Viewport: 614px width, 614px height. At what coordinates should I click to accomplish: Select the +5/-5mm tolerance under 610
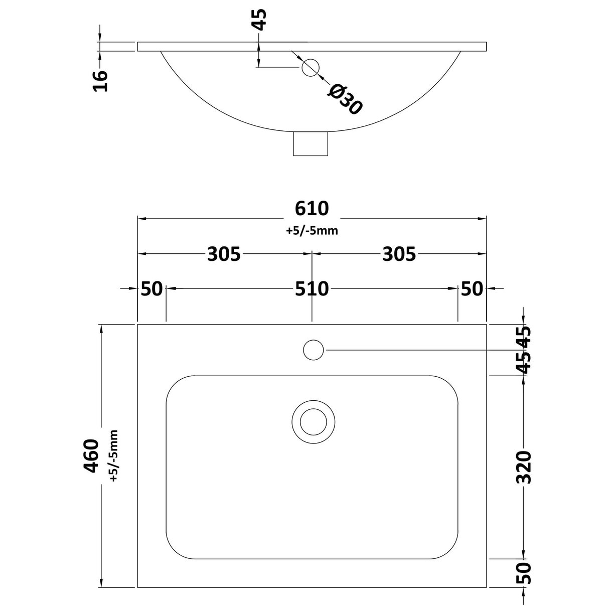click(312, 231)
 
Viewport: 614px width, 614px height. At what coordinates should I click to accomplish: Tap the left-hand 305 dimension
click(224, 254)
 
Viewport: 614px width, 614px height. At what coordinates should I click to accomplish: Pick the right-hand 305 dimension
click(399, 254)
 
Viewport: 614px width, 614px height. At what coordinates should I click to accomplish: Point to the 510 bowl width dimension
click(312, 289)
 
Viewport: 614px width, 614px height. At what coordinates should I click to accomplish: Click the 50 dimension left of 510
click(151, 289)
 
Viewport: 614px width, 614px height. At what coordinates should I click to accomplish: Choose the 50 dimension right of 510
click(472, 289)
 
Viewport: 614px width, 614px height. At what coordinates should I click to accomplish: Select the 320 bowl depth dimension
click(523, 467)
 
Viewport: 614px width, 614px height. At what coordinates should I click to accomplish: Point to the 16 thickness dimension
click(101, 80)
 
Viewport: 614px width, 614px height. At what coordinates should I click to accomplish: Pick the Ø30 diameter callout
click(345, 99)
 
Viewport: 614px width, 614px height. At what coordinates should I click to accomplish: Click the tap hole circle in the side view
click(311, 67)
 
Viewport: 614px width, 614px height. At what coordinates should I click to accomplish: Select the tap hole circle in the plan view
click(314, 349)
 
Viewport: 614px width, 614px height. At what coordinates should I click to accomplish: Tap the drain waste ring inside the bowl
click(314, 421)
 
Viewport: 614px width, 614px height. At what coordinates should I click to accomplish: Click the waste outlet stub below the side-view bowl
click(311, 144)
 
